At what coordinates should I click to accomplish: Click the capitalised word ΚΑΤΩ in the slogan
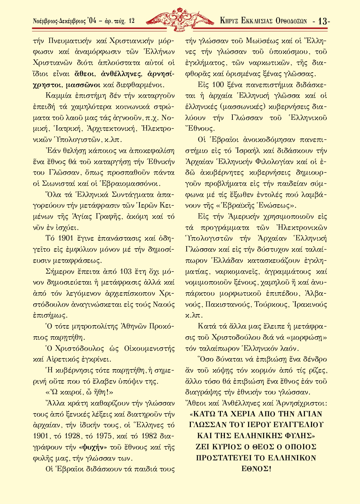[x=204, y=414]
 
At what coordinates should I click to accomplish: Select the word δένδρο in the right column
[x=315, y=359]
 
